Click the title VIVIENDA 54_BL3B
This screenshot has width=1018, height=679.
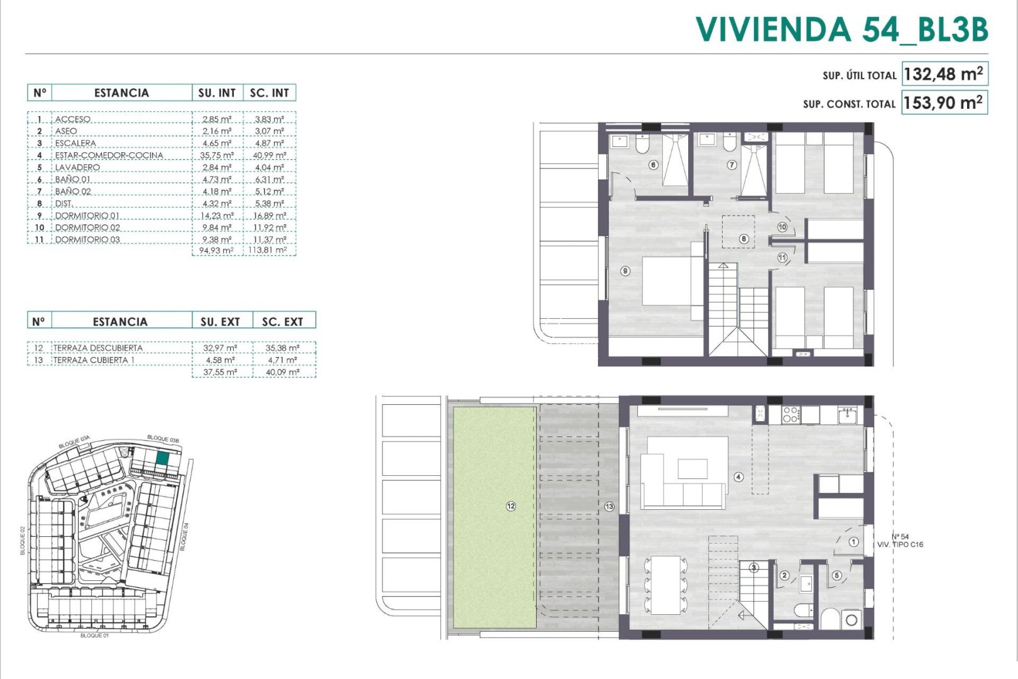click(841, 30)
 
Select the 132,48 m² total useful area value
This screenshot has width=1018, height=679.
click(943, 74)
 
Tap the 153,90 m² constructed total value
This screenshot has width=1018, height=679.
click(943, 102)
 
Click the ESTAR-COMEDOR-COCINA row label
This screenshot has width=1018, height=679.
click(109, 155)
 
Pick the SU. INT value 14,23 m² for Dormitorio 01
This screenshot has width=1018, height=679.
click(217, 216)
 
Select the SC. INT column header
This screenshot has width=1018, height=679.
click(269, 93)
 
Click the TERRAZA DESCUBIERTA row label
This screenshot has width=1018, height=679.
click(97, 348)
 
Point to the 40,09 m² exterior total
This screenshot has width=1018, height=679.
click(282, 372)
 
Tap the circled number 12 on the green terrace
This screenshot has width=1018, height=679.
click(511, 505)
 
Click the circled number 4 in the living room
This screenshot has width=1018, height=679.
click(738, 477)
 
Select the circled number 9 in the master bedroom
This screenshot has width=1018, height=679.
click(625, 271)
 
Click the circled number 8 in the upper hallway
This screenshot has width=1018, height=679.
click(743, 239)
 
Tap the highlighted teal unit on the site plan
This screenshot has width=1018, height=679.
click(162, 459)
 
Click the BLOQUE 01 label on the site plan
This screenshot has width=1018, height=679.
click(94, 636)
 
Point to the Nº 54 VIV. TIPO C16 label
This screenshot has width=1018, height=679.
click(900, 541)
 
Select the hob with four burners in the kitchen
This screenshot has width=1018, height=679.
click(790, 414)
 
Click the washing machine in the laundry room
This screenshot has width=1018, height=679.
click(851, 620)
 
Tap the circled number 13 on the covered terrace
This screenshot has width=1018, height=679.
click(609, 506)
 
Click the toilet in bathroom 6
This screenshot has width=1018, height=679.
click(642, 146)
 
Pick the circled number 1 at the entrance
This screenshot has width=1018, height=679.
click(853, 541)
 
